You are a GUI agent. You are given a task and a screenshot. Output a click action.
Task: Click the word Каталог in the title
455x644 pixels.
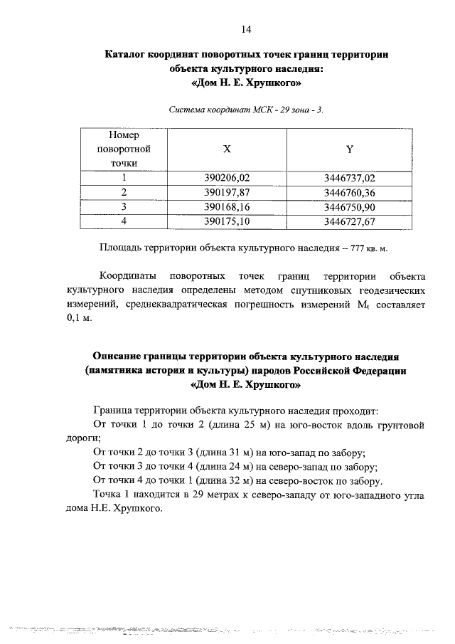[128, 54]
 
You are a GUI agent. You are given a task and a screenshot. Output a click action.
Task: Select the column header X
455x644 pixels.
[227, 149]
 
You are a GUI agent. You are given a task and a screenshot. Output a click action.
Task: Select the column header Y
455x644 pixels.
[349, 149]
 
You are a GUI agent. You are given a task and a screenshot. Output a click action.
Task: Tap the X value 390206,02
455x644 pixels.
[227, 178]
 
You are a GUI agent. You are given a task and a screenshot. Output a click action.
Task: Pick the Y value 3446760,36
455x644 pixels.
[349, 192]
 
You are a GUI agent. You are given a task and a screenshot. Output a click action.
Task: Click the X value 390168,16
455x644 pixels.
[227, 206]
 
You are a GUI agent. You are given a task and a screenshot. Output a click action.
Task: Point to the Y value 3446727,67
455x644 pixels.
[349, 221]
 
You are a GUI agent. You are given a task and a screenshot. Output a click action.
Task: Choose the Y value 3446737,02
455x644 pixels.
[349, 178]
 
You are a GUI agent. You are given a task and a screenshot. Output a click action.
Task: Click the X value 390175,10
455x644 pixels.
[227, 221]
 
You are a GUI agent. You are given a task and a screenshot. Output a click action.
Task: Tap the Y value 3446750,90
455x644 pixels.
[349, 206]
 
